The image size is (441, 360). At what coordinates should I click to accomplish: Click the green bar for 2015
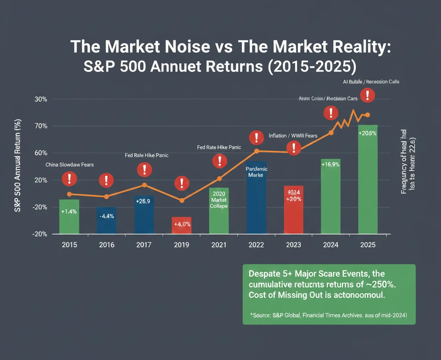coord(69,216)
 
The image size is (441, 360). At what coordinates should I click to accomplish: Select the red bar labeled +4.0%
coord(181,225)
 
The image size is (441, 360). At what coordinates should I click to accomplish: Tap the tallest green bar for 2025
coord(367,179)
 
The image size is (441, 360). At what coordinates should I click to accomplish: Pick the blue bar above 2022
coord(256,197)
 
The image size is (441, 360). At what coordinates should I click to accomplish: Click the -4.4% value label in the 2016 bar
coord(106,216)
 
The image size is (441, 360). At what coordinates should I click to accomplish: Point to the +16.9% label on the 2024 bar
coord(331,164)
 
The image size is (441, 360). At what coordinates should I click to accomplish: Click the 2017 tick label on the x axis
coord(144,245)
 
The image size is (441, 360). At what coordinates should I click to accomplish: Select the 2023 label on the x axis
coord(294,245)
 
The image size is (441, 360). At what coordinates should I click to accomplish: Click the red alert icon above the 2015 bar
coord(69,178)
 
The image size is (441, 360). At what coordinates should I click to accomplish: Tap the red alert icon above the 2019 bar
coord(182,184)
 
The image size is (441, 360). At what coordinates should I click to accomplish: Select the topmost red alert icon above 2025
coord(367,95)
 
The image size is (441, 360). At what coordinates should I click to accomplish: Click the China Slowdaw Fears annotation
coord(69,165)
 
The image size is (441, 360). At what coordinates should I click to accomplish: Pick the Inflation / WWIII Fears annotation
coord(293,136)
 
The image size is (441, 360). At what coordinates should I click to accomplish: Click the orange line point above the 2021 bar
coord(219,178)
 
